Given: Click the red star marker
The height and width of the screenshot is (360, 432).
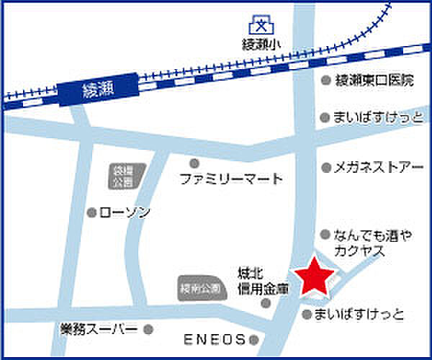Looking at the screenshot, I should pyautogui.click(x=314, y=276).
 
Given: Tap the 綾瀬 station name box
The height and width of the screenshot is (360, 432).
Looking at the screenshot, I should pyautogui.click(x=99, y=90).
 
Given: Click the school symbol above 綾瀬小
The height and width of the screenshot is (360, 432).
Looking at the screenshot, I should pyautogui.click(x=260, y=27).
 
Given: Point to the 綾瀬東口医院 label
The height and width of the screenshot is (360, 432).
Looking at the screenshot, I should pyautogui.click(x=375, y=81).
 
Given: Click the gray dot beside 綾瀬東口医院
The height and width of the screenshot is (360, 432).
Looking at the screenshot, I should pyautogui.click(x=326, y=81).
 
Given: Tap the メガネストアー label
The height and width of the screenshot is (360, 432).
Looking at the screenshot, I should pyautogui.click(x=378, y=168).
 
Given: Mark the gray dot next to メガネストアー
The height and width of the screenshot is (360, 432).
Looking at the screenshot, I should pyautogui.click(x=326, y=168).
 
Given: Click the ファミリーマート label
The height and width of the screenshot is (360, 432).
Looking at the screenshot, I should pyautogui.click(x=230, y=179).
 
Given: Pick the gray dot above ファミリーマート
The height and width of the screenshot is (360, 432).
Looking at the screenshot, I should pyautogui.click(x=194, y=163).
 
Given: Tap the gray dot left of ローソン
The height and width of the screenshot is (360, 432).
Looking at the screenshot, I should pyautogui.click(x=91, y=212).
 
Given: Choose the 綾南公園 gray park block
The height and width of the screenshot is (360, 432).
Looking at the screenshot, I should pyautogui.click(x=198, y=289).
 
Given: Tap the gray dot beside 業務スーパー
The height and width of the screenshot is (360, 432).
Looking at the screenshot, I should pyautogui.click(x=148, y=330).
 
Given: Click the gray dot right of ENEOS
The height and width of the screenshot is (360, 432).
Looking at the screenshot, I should pyautogui.click(x=253, y=338).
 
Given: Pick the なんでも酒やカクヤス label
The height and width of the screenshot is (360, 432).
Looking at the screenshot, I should pyautogui.click(x=365, y=243).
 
